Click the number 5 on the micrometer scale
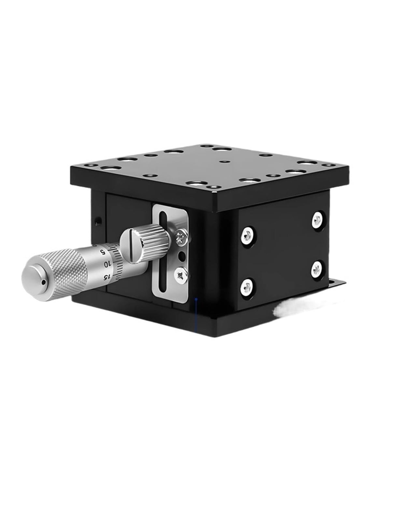pos(103,251)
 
